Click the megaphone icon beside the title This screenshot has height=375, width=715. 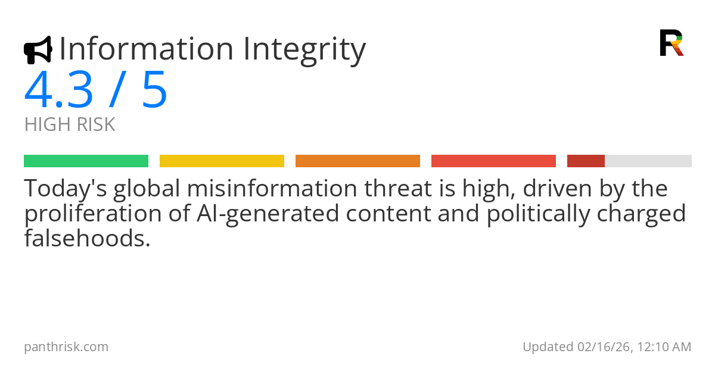38,50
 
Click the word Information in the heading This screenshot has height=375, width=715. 147,48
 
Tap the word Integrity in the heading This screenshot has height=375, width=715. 304,51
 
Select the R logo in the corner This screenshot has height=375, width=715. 672,43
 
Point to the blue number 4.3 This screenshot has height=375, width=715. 58,90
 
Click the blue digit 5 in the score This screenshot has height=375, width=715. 154,90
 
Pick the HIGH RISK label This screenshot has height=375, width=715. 70,124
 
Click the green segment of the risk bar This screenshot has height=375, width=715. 86,161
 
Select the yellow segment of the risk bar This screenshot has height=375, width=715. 222,161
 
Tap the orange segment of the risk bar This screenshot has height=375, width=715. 358,161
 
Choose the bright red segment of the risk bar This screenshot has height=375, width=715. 493,161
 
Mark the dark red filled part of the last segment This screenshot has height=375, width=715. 586,161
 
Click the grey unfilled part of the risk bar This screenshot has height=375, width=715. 648,161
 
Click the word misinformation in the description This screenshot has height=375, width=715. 272,189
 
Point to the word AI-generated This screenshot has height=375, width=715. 268,214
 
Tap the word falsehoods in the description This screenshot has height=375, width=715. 87,239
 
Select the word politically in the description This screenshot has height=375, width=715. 538,214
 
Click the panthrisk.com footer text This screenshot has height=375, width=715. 66,347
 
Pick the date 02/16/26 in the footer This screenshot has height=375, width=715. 603,347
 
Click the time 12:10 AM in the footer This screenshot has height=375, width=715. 664,347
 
